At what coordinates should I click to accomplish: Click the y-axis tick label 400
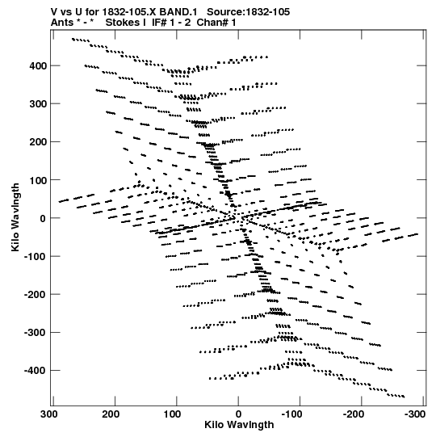38,66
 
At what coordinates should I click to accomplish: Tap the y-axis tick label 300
38,104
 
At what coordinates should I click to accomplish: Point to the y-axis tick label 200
38,142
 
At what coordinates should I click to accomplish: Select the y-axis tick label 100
38,180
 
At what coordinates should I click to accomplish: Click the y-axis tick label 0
43,218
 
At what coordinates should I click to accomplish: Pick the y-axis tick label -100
35,256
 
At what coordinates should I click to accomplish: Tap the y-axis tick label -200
35,295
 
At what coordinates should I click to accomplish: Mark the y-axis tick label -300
35,333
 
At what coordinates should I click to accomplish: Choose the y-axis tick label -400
35,371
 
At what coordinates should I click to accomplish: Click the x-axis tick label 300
49,414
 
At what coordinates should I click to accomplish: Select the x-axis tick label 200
111,414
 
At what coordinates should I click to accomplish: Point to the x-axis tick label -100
291,414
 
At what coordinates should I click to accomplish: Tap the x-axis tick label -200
354,414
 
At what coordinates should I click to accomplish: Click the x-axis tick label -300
415,414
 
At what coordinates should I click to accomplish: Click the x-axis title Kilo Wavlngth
239,425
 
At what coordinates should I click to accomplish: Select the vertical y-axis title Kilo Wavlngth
15,217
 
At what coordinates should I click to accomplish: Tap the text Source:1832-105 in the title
248,12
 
